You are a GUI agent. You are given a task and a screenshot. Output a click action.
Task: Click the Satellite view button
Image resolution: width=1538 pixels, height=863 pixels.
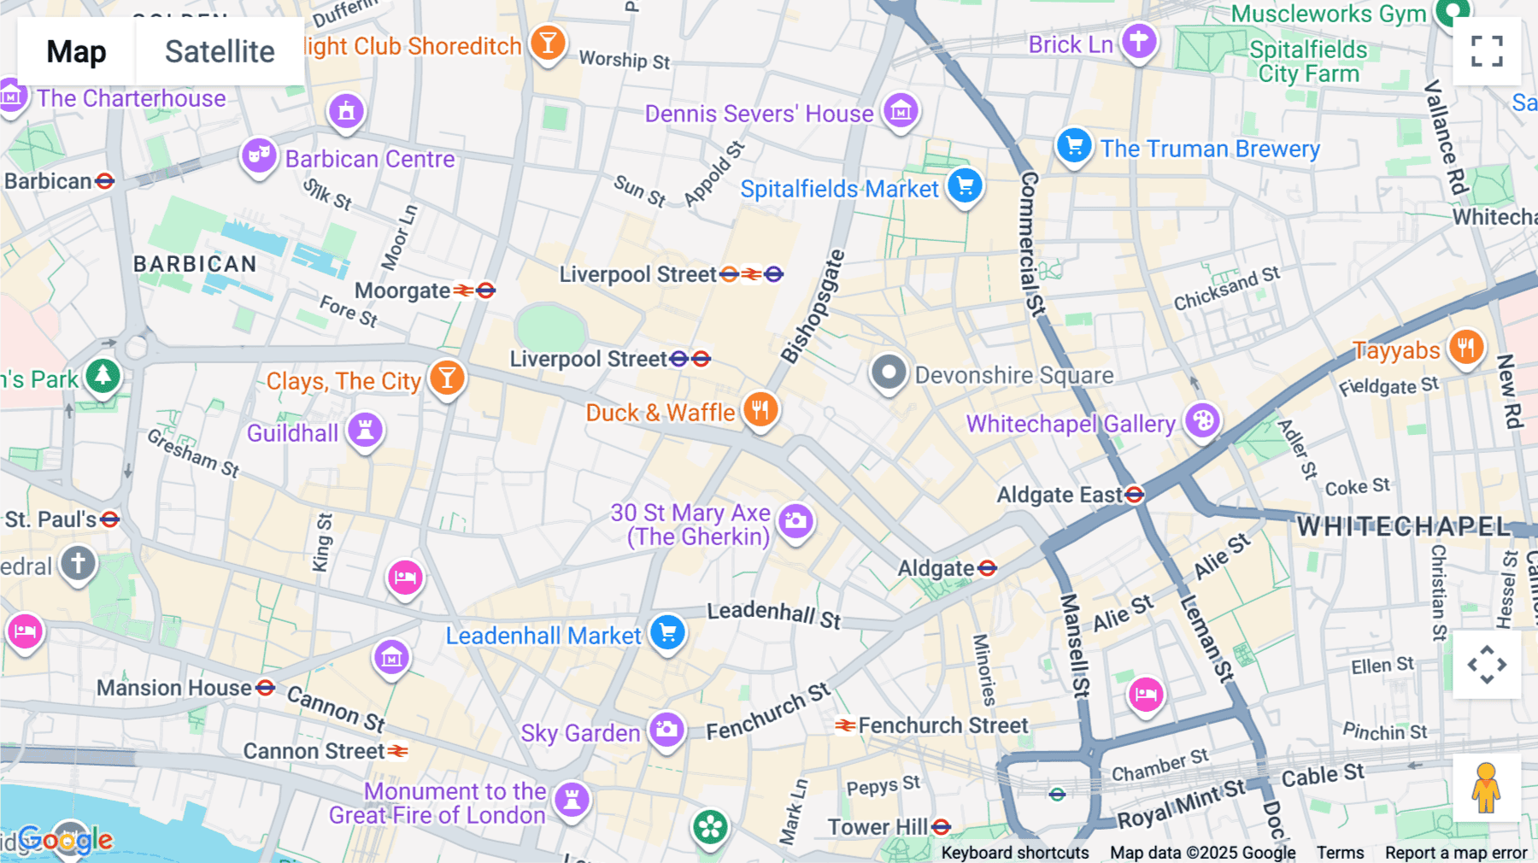coord(220,51)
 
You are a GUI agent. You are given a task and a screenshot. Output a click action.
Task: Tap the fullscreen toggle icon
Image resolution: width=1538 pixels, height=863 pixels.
coord(1487,51)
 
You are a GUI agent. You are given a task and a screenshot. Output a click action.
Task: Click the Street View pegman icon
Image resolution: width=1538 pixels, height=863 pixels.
coord(1487,787)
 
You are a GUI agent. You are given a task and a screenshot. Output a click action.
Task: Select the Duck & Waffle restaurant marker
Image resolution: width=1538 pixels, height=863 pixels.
coord(760,409)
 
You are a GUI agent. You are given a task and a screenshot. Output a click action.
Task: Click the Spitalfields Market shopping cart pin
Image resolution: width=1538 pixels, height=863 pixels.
coord(965,185)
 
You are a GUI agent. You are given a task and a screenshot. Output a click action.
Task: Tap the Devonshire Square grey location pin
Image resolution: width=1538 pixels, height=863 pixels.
coord(889,373)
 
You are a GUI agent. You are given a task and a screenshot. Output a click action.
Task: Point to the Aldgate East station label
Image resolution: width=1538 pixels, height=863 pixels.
coord(1060,495)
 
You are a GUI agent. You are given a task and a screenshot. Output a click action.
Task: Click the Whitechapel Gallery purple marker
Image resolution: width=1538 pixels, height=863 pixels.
coord(1202,420)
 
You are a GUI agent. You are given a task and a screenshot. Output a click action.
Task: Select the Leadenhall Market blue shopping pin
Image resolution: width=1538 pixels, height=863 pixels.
coord(667,632)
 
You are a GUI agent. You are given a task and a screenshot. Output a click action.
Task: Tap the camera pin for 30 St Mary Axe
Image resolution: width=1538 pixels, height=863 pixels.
coord(795,520)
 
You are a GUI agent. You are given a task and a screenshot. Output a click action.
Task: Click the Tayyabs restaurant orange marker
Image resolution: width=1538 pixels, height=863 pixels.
coord(1466,347)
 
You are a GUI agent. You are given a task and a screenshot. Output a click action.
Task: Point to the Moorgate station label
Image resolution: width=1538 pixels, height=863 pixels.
coord(402,291)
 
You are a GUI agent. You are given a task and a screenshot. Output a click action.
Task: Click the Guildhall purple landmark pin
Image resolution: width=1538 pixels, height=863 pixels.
coord(365,429)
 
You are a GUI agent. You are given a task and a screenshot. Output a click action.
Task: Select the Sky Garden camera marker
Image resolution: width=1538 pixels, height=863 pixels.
coord(666,729)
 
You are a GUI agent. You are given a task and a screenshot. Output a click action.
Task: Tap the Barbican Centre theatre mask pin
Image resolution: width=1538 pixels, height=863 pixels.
coord(258,156)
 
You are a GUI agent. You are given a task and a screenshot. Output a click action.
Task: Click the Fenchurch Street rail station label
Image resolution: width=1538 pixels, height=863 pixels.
coord(942,725)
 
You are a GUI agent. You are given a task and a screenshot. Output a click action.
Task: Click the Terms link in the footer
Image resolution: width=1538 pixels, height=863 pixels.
coord(1340,852)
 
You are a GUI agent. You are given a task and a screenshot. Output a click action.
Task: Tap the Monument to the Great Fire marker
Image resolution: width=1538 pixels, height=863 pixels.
coord(572,800)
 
